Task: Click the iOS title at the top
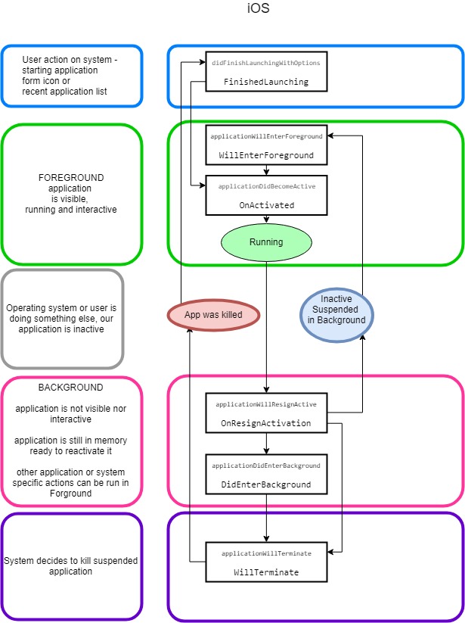click(258, 9)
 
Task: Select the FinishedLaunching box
click(266, 72)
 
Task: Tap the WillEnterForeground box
click(266, 145)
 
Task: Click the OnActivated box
click(266, 195)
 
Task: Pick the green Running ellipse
click(266, 242)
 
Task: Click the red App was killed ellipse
click(213, 314)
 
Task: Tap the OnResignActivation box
click(266, 414)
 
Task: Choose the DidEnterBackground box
click(266, 475)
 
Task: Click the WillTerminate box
click(266, 562)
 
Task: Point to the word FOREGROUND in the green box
click(71, 178)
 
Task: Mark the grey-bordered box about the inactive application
click(62, 319)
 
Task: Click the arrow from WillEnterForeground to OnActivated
click(266, 169)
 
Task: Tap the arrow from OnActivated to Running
click(266, 220)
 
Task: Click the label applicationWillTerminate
click(266, 553)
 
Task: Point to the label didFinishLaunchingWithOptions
click(266, 62)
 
